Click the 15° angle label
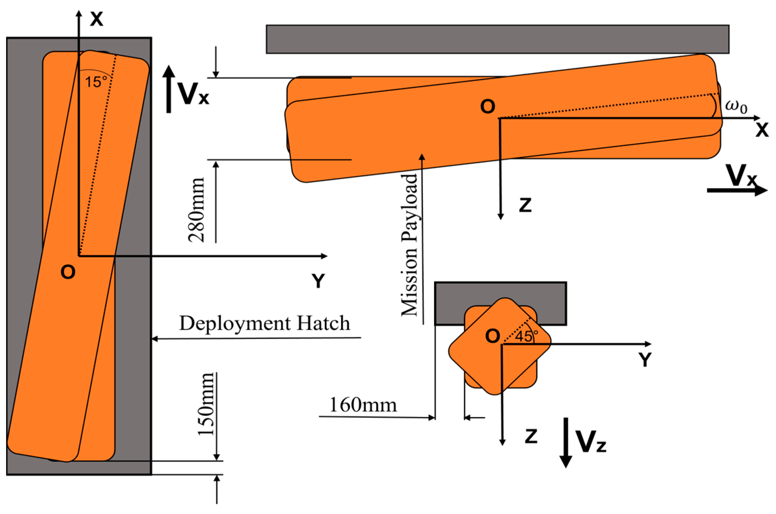click(96, 82)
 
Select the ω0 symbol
click(736, 106)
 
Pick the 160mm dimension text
click(363, 405)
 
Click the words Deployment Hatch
click(264, 323)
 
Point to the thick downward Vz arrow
click(566, 442)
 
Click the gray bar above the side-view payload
click(497, 39)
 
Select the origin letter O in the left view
click(68, 272)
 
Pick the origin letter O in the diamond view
click(493, 336)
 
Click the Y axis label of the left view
click(318, 281)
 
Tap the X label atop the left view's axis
click(97, 19)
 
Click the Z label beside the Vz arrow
click(531, 436)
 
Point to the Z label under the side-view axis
click(525, 205)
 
